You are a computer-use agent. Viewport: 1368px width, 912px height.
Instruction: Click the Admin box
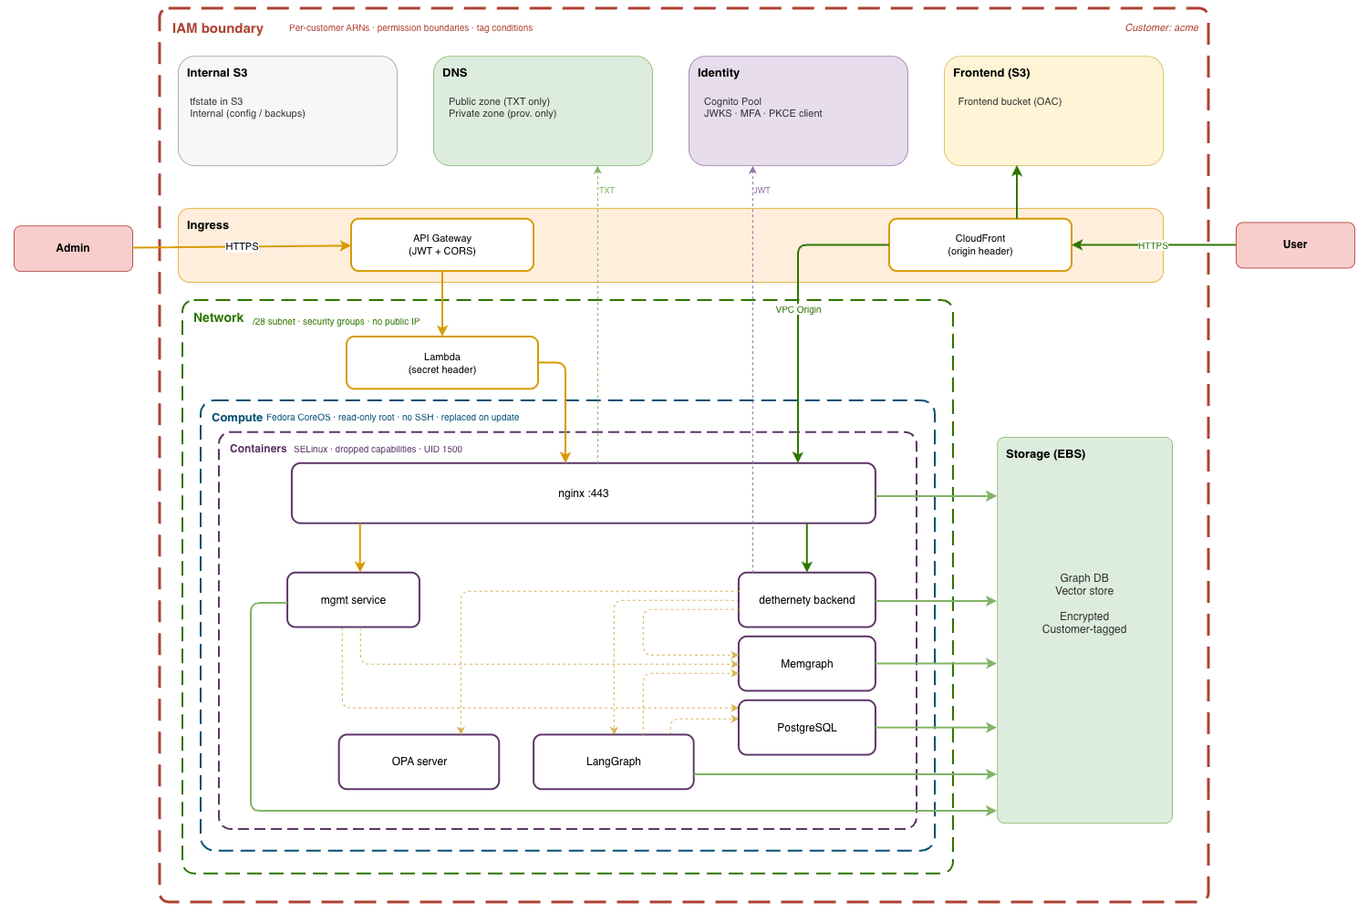[73, 248]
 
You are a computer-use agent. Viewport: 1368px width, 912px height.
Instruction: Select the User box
[1295, 244]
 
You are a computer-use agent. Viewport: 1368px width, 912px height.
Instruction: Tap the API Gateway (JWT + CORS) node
[442, 244]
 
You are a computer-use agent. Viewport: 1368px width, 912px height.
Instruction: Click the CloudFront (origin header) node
[980, 244]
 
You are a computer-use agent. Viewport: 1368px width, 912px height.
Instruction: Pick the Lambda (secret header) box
[442, 363]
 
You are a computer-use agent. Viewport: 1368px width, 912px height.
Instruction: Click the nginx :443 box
[584, 493]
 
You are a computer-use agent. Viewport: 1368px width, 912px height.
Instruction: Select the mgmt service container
[353, 600]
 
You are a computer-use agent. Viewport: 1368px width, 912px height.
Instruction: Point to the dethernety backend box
[807, 600]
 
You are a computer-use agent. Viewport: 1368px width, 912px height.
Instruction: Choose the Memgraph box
[807, 664]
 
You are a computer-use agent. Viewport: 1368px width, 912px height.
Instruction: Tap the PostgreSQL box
[807, 728]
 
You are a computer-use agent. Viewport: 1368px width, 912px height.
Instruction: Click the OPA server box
[420, 762]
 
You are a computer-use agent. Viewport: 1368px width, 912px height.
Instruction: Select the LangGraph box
[614, 762]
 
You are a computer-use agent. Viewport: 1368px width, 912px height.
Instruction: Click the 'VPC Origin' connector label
[798, 310]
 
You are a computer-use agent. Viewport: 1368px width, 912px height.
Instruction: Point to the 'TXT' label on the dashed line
[606, 191]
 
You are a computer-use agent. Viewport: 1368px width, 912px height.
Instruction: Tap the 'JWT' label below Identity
[762, 191]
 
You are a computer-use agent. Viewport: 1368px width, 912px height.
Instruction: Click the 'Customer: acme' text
[1161, 28]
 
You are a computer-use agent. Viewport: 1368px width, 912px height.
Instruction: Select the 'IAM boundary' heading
[218, 28]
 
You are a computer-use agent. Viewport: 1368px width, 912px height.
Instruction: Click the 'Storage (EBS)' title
[1045, 454]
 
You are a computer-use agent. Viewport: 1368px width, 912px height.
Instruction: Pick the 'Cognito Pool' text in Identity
[732, 101]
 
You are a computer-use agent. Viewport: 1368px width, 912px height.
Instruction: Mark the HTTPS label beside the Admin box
[242, 246]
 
